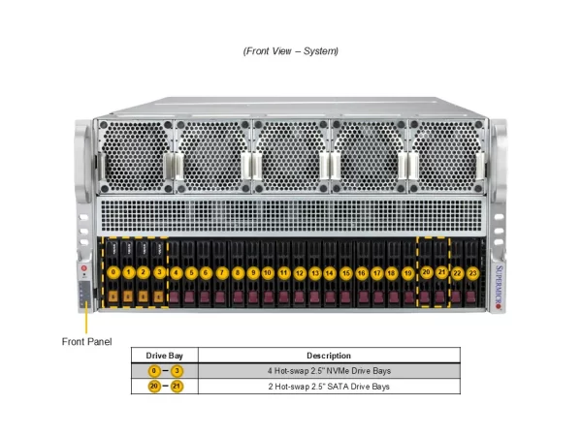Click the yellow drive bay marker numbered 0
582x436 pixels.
click(x=113, y=272)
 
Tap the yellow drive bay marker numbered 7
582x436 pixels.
click(x=222, y=273)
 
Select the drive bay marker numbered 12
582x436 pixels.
click(x=300, y=273)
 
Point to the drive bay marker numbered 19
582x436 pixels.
click(x=408, y=273)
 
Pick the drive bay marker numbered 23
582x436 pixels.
click(x=472, y=273)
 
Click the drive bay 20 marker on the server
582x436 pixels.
click(x=426, y=272)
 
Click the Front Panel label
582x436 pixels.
click(x=86, y=341)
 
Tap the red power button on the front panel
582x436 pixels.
click(x=83, y=268)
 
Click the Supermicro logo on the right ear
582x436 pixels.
click(x=499, y=288)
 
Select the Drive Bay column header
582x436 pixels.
click(x=165, y=356)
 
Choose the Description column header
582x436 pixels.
click(x=329, y=356)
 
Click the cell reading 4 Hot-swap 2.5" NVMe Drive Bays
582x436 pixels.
click(x=329, y=371)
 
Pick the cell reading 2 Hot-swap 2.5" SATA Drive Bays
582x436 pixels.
click(x=329, y=387)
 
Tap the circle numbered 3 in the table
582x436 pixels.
click(x=178, y=371)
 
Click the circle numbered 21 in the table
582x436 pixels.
click(x=177, y=387)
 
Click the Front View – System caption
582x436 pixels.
click(x=291, y=50)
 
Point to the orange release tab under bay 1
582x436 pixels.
click(x=128, y=296)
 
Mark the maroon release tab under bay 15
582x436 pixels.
click(x=345, y=297)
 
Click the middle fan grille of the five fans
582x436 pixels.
click(x=291, y=156)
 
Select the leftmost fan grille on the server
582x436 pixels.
click(x=135, y=156)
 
